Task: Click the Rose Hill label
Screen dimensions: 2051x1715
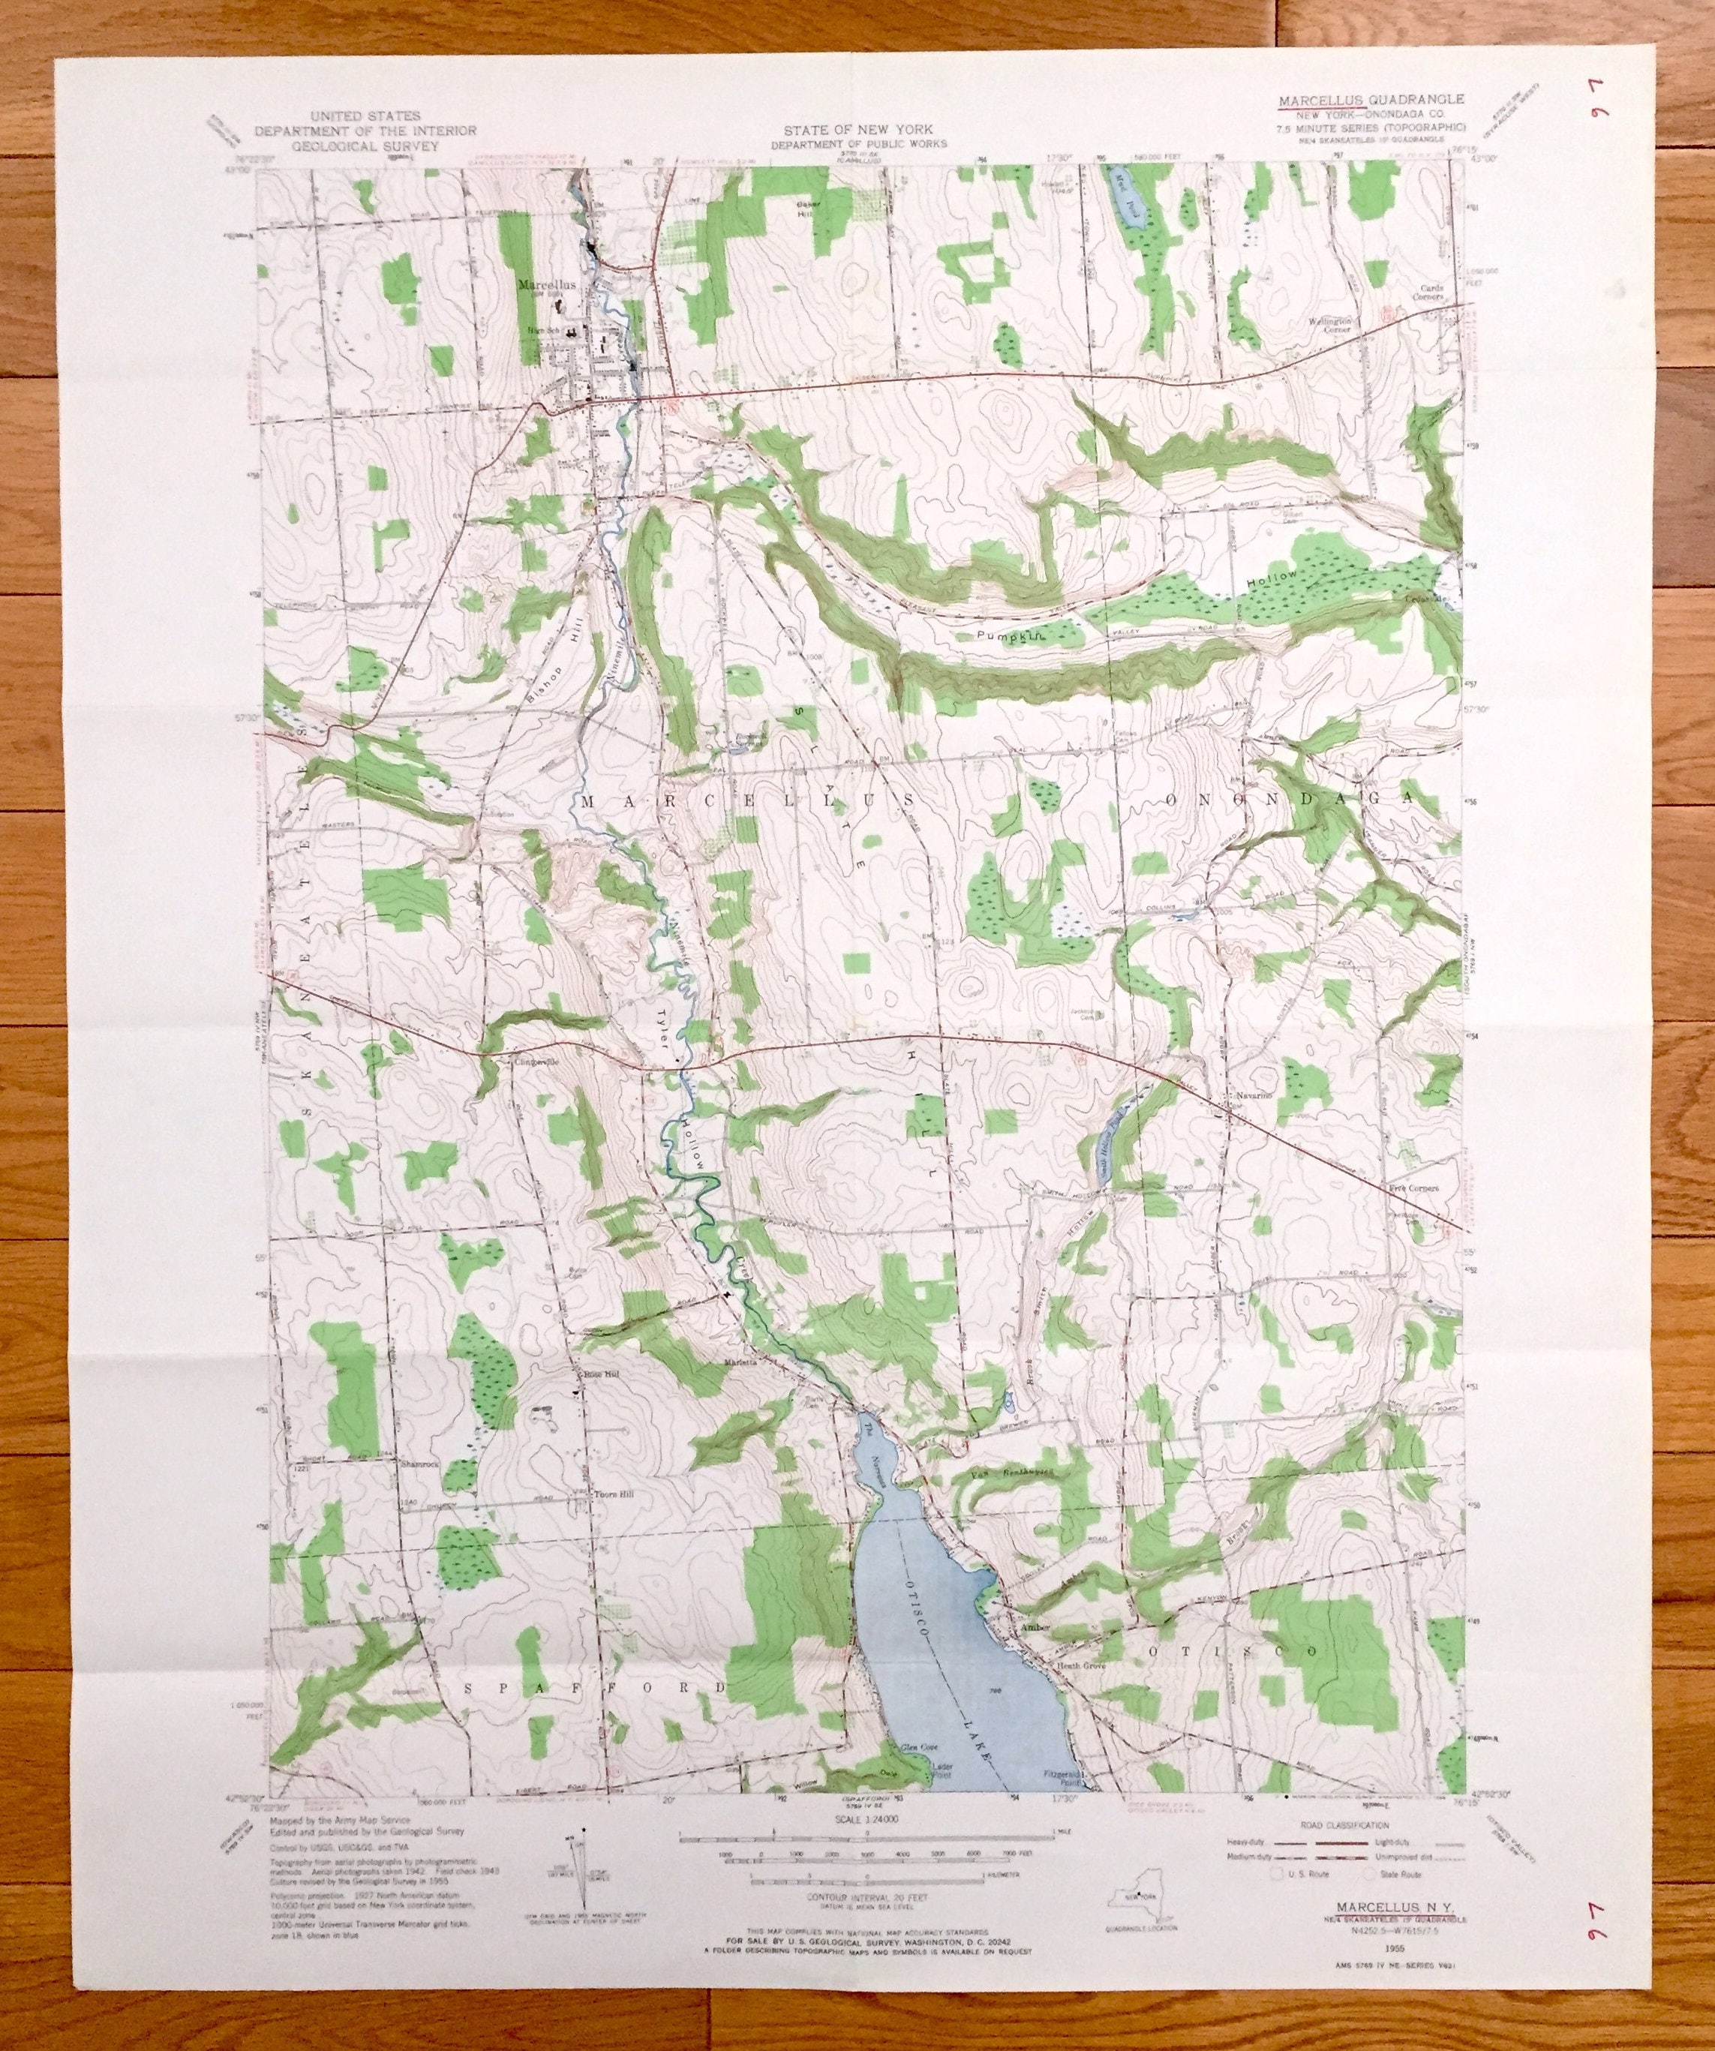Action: point(602,1375)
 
